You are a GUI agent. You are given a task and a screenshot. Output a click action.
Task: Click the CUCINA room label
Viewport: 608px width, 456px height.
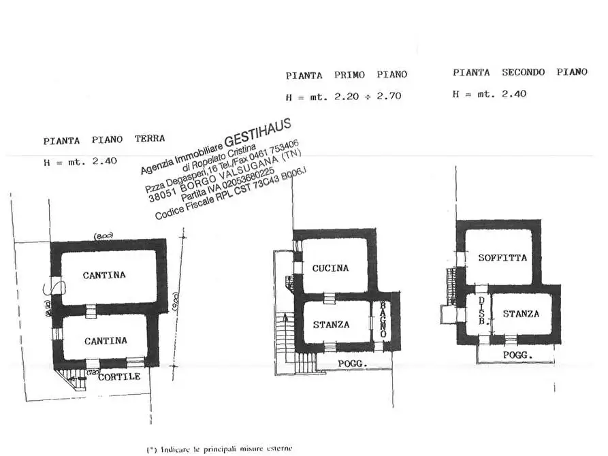click(x=331, y=268)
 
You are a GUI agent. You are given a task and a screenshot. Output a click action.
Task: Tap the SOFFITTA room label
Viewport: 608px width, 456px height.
click(x=502, y=258)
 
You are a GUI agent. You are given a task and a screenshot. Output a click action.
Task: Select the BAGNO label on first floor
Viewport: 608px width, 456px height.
click(x=383, y=320)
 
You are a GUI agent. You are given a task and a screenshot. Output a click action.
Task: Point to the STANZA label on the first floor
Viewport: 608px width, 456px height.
click(x=332, y=325)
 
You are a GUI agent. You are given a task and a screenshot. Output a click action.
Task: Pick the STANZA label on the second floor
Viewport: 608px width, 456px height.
click(x=521, y=314)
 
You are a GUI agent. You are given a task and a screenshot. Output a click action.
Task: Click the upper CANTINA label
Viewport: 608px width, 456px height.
click(x=104, y=275)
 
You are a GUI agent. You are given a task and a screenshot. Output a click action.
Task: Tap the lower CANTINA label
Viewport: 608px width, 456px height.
click(x=105, y=340)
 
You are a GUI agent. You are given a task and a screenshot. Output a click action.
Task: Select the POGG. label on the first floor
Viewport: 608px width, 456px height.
click(x=353, y=364)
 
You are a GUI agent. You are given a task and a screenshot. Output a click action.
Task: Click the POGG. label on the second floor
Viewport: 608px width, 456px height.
click(x=517, y=356)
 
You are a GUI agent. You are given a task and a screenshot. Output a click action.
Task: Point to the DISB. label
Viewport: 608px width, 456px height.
click(x=481, y=312)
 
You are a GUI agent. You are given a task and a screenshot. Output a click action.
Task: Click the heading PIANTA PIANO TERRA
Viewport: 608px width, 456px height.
click(x=103, y=140)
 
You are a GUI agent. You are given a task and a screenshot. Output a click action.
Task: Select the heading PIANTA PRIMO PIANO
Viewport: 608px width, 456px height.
click(x=346, y=75)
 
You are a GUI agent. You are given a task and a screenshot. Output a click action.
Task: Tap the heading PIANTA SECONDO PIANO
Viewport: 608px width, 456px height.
click(x=519, y=72)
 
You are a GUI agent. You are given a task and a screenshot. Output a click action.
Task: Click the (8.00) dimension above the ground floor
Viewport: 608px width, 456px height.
click(x=103, y=235)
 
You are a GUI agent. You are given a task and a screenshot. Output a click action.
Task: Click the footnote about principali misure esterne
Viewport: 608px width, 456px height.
click(x=219, y=449)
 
